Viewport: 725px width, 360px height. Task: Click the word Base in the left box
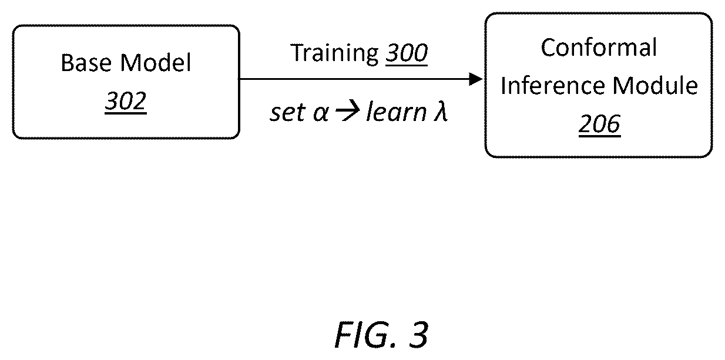pyautogui.click(x=86, y=62)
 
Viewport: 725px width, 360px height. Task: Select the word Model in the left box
pyautogui.click(x=156, y=62)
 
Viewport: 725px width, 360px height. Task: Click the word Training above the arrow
pyautogui.click(x=335, y=53)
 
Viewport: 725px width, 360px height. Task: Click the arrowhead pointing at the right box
pyautogui.click(x=476, y=79)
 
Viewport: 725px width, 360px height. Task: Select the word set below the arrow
pyautogui.click(x=288, y=112)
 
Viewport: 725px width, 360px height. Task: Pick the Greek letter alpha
pyautogui.click(x=321, y=113)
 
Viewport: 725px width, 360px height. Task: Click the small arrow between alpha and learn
pyautogui.click(x=348, y=112)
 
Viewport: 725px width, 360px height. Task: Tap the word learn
pyautogui.click(x=397, y=112)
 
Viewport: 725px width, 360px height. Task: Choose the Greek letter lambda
pyautogui.click(x=441, y=112)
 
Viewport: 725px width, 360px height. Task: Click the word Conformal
pyautogui.click(x=599, y=48)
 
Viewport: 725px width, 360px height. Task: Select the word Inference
pyautogui.click(x=553, y=86)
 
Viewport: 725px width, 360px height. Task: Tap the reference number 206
pyautogui.click(x=599, y=124)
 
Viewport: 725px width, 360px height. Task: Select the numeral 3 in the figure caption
pyautogui.click(x=418, y=335)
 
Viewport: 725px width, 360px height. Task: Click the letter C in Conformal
pyautogui.click(x=548, y=48)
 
